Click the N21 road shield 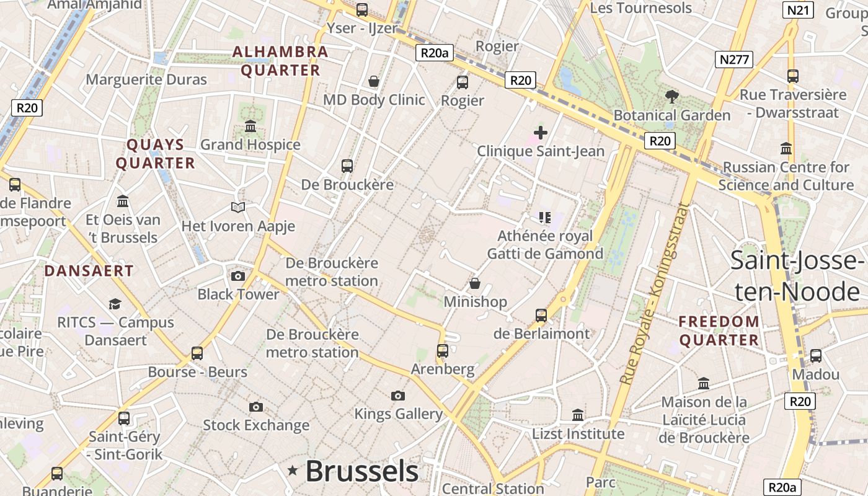(798, 10)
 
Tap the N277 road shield (734, 60)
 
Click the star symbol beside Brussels (293, 471)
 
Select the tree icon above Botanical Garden (671, 96)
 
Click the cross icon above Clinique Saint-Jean (541, 132)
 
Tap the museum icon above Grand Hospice (250, 126)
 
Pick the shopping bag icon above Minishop (475, 283)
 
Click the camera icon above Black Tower (238, 276)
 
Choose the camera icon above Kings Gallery (398, 396)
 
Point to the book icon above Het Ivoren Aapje (238, 207)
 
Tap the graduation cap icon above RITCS (115, 304)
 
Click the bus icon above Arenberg (443, 351)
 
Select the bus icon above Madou (816, 356)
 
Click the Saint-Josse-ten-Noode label (797, 275)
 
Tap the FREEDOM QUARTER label (719, 330)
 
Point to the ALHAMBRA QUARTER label (280, 61)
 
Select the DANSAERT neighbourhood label (89, 271)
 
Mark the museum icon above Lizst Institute (578, 415)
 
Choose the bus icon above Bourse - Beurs (197, 353)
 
